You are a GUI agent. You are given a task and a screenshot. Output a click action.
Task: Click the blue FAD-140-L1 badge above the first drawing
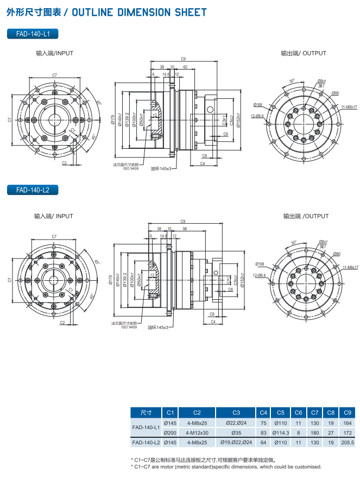coord(33,34)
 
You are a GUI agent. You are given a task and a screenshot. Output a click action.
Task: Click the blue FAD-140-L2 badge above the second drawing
coord(33,190)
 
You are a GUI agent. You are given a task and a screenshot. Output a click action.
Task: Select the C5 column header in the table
coord(280,412)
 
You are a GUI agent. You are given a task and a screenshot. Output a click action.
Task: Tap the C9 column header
coord(348,412)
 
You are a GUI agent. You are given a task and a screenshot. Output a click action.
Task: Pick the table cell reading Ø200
coord(170,432)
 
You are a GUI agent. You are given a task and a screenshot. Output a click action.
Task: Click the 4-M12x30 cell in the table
coord(197,432)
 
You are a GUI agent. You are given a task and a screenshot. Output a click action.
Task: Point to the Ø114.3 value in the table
coord(280,432)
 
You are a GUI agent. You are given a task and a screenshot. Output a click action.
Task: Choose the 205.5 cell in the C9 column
coord(348,443)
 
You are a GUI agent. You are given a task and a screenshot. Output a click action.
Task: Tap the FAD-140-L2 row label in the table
coord(146,443)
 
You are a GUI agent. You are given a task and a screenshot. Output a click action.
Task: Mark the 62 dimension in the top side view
coord(186,67)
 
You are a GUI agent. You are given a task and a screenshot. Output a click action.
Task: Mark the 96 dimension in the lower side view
coord(185,229)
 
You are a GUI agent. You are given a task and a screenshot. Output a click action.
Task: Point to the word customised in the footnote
coord(307,467)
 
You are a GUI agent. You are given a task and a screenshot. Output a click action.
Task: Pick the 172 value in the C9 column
coord(348,432)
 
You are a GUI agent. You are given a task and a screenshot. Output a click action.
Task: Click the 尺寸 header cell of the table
coord(146,412)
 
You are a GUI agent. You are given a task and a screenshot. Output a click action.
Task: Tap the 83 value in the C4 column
coord(263,432)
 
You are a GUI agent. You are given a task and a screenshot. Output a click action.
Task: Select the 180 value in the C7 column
coord(315,432)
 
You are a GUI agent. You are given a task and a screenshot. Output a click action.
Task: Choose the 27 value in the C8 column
coord(331,432)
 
